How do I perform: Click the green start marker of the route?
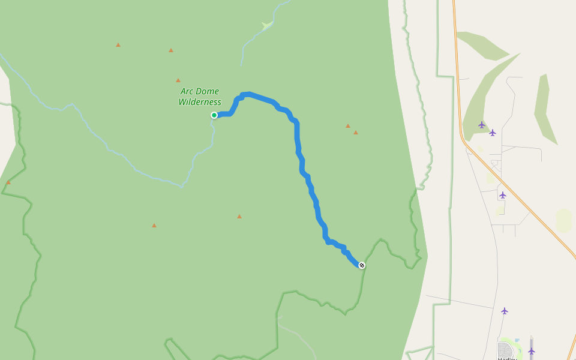pyautogui.click(x=214, y=115)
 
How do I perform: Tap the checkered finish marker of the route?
pyautogui.click(x=362, y=265)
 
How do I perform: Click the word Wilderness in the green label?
pyautogui.click(x=200, y=102)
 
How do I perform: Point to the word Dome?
pyautogui.click(x=208, y=91)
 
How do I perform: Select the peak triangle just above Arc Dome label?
pyautogui.click(x=178, y=80)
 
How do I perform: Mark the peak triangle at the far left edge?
pyautogui.click(x=8, y=182)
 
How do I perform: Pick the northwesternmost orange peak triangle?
pyautogui.click(x=118, y=45)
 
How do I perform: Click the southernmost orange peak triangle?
pyautogui.click(x=154, y=226)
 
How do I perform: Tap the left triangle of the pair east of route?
pyautogui.click(x=348, y=126)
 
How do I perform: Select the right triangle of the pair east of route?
pyautogui.click(x=356, y=133)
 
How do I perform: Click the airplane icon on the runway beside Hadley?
pyautogui.click(x=531, y=351)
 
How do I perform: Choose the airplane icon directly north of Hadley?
pyautogui.click(x=505, y=311)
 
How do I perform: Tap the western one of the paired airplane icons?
pyautogui.click(x=482, y=125)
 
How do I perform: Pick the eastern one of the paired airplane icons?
pyautogui.click(x=493, y=133)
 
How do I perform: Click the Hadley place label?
pyautogui.click(x=508, y=358)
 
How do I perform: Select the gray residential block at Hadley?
pyautogui.click(x=505, y=350)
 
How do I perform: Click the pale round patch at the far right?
pyautogui.click(x=563, y=220)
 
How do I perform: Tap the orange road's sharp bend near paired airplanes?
pyautogui.click(x=462, y=137)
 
